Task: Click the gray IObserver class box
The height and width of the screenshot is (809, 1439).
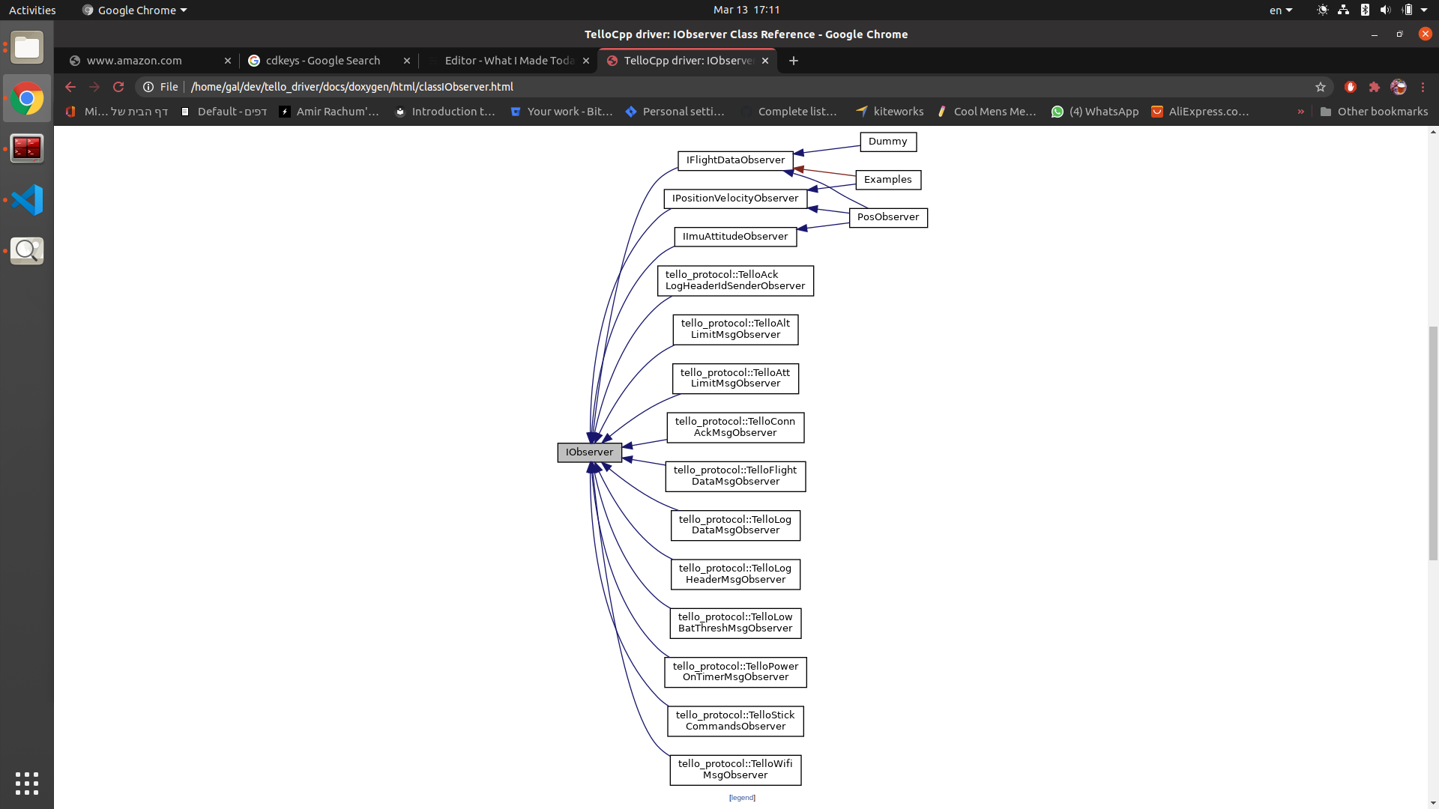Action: (x=589, y=452)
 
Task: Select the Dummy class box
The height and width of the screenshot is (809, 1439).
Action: (x=888, y=142)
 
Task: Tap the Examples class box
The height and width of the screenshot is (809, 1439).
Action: (x=888, y=180)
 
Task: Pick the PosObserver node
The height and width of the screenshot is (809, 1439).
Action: (x=888, y=217)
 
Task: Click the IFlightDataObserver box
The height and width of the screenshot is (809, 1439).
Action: (x=735, y=160)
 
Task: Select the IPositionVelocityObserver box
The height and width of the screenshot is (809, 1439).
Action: (x=735, y=199)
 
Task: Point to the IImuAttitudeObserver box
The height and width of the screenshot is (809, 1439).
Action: (x=735, y=237)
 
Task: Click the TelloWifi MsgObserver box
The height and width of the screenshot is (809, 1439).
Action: (x=735, y=770)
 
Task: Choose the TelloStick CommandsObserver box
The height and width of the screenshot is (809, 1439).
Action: (x=735, y=721)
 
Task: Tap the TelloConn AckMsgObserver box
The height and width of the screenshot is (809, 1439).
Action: (x=735, y=428)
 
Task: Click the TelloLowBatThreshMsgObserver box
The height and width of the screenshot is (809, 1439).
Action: (x=735, y=623)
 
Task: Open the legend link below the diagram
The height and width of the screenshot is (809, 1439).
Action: (x=742, y=798)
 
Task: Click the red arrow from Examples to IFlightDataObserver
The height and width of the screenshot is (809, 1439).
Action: (x=824, y=172)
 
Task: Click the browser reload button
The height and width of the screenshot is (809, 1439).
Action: (x=118, y=87)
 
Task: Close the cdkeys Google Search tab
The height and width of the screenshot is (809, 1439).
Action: (x=407, y=61)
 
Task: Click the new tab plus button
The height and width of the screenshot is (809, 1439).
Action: (x=794, y=61)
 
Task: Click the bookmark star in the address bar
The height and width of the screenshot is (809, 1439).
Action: (x=1321, y=87)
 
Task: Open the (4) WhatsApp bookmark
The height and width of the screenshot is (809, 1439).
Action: (x=1095, y=112)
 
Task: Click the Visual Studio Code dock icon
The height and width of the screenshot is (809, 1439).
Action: (x=27, y=200)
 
